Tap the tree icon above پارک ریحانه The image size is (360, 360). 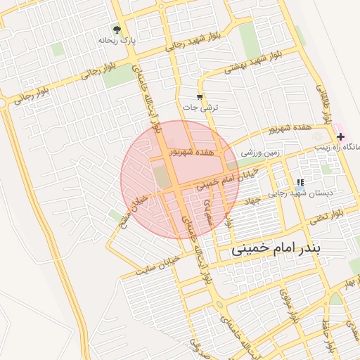click(x=117, y=30)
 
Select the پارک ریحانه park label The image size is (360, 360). click(x=117, y=41)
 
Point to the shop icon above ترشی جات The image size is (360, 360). click(x=200, y=97)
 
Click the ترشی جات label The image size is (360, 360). click(x=201, y=108)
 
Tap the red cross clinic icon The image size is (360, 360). click(x=340, y=136)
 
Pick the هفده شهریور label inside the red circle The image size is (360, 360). click(x=192, y=152)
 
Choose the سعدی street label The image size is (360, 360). click(x=207, y=208)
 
